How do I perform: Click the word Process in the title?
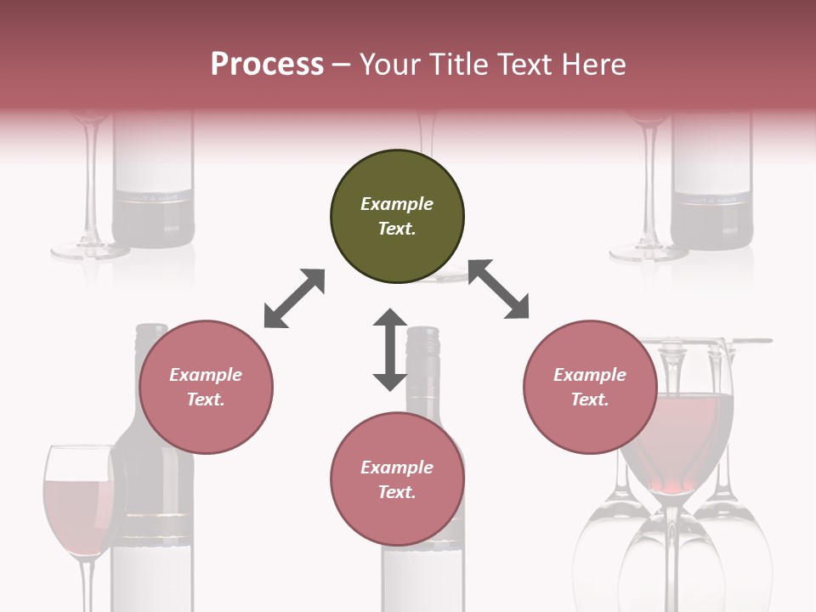pyautogui.click(x=267, y=64)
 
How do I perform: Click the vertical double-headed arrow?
pyautogui.click(x=390, y=349)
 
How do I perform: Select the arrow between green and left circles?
pyautogui.click(x=294, y=298)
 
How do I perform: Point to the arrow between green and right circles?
pyautogui.click(x=498, y=289)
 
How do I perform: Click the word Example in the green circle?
pyautogui.click(x=397, y=204)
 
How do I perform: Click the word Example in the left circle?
pyautogui.click(x=206, y=375)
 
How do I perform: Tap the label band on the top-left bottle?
pyautogui.click(x=153, y=197)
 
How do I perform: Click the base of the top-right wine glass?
pyautogui.click(x=648, y=252)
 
